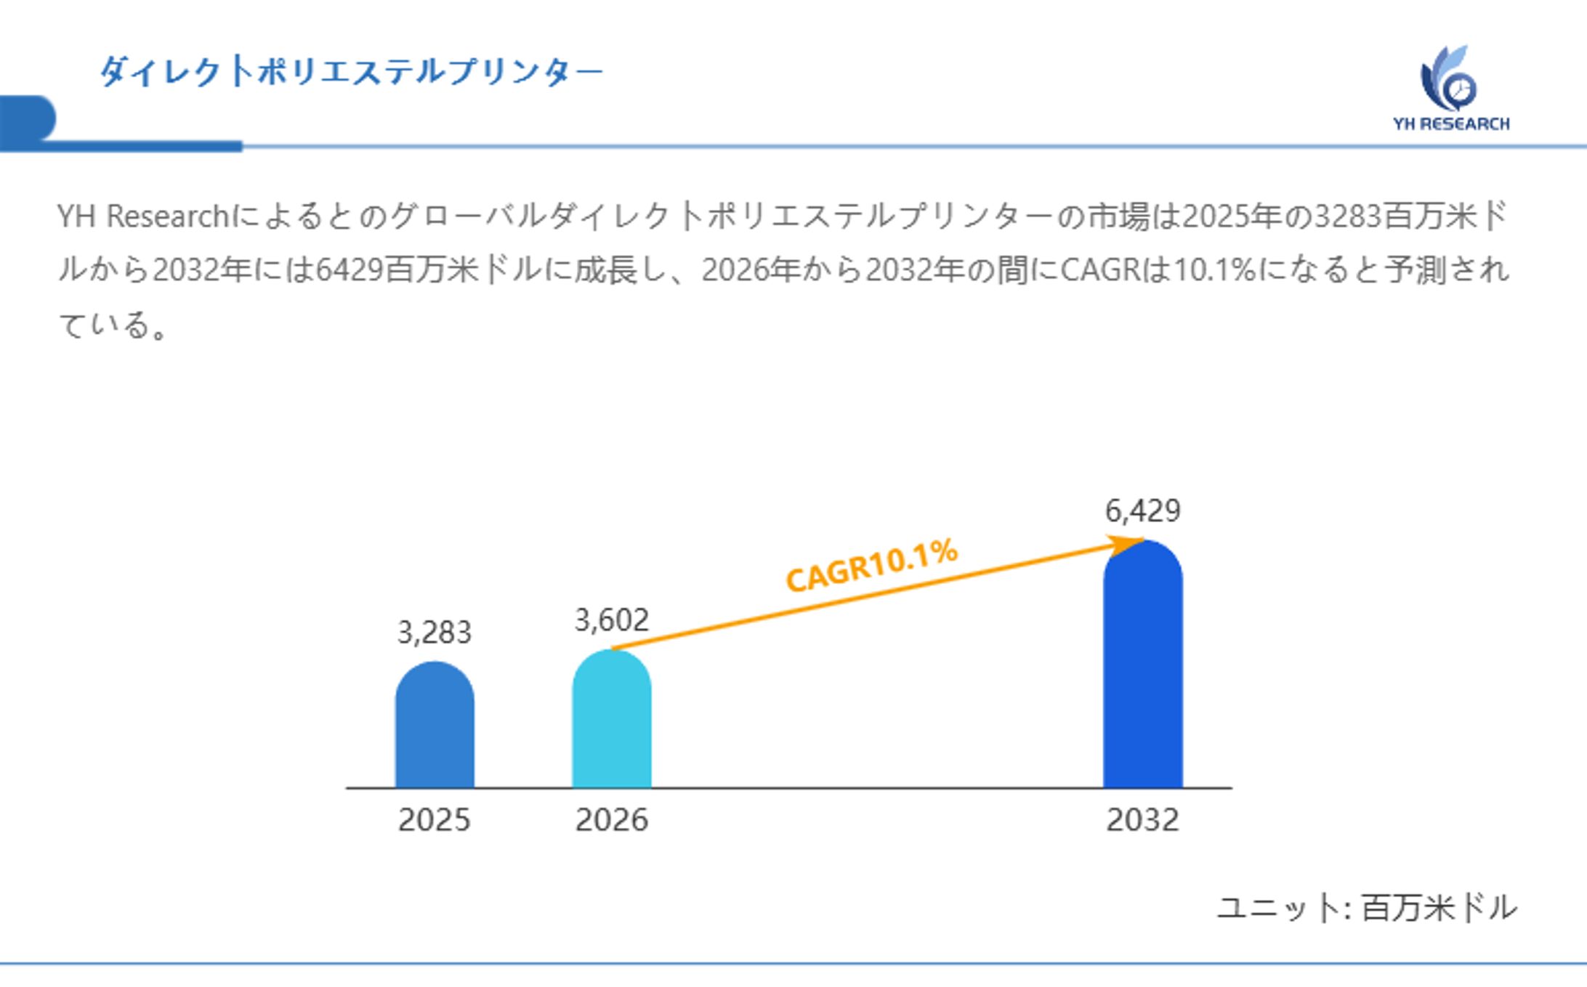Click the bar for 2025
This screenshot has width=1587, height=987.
[435, 726]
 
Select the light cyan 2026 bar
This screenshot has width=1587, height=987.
[611, 719]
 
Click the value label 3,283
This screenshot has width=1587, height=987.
[435, 633]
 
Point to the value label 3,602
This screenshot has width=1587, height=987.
[611, 620]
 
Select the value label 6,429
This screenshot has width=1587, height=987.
[1142, 511]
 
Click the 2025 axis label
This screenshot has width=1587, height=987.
[435, 820]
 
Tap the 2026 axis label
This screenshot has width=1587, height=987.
[611, 820]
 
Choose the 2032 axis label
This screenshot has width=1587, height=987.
[1142, 820]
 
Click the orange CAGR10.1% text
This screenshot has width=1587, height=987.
[872, 566]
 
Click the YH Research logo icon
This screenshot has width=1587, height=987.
[1449, 79]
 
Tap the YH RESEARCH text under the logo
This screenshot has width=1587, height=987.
[1451, 124]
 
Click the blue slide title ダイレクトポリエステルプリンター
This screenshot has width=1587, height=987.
[351, 72]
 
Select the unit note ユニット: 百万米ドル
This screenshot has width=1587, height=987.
[1366, 908]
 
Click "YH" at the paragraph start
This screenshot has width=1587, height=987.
[76, 216]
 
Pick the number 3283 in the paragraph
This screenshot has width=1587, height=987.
[1349, 216]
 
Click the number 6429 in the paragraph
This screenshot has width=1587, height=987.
[350, 270]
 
